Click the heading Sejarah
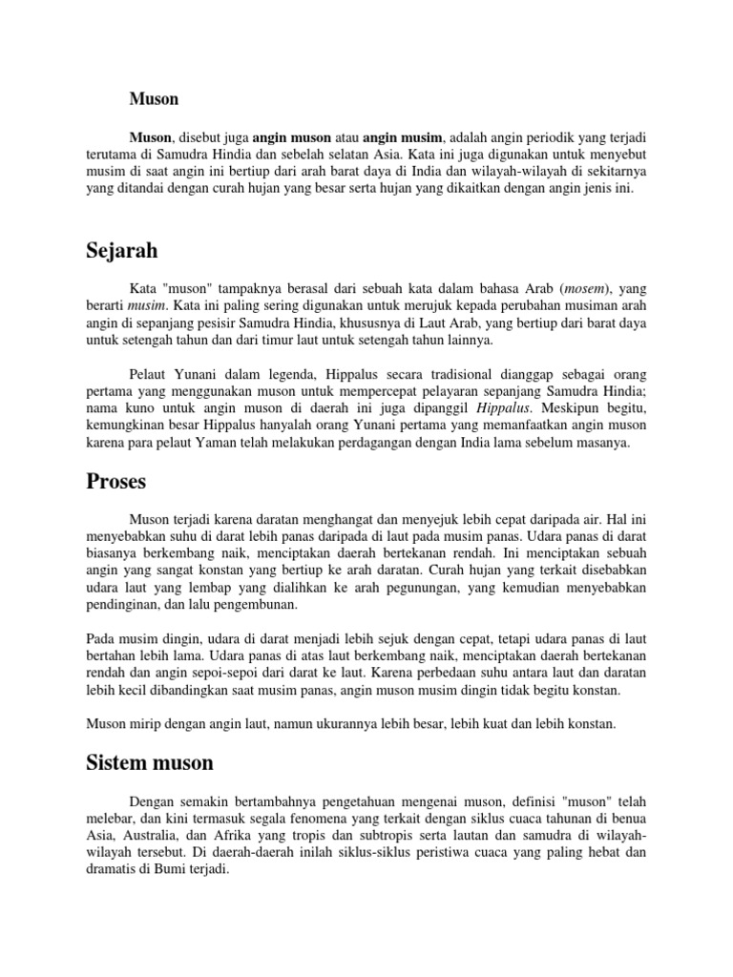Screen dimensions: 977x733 tap(121, 252)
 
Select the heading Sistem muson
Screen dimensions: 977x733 tap(150, 762)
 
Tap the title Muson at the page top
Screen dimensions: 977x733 tap(155, 98)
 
